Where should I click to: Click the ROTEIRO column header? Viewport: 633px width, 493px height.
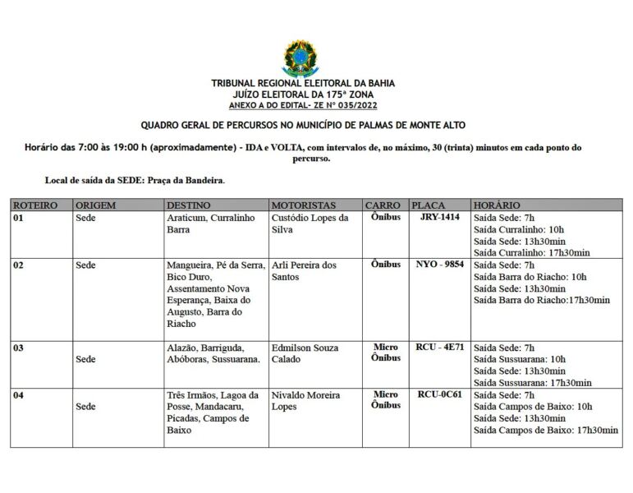[x=35, y=205]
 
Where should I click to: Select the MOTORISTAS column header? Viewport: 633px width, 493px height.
[x=304, y=205]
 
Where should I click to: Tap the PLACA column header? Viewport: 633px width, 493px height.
[x=429, y=205]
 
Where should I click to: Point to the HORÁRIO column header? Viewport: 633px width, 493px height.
[x=497, y=205]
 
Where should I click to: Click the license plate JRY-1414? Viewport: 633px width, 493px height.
[x=439, y=218]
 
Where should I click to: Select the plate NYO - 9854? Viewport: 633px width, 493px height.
[x=440, y=265]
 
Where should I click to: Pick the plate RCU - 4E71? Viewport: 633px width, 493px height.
[x=440, y=347]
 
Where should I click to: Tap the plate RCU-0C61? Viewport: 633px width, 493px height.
[x=440, y=394]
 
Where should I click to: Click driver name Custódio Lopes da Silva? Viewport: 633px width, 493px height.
[x=310, y=224]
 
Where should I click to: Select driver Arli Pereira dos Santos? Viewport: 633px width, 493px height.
[x=304, y=271]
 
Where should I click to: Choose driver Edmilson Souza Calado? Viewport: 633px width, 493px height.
[x=305, y=353]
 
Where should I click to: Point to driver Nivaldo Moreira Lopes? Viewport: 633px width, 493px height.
[x=305, y=401]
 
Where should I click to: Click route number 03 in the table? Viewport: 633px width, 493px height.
[x=18, y=348]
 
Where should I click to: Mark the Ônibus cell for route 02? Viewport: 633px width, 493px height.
[x=386, y=265]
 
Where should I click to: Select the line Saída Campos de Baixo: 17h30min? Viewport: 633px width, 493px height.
[x=546, y=430]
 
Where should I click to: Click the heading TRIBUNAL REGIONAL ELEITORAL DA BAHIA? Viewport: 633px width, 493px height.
[x=303, y=84]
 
